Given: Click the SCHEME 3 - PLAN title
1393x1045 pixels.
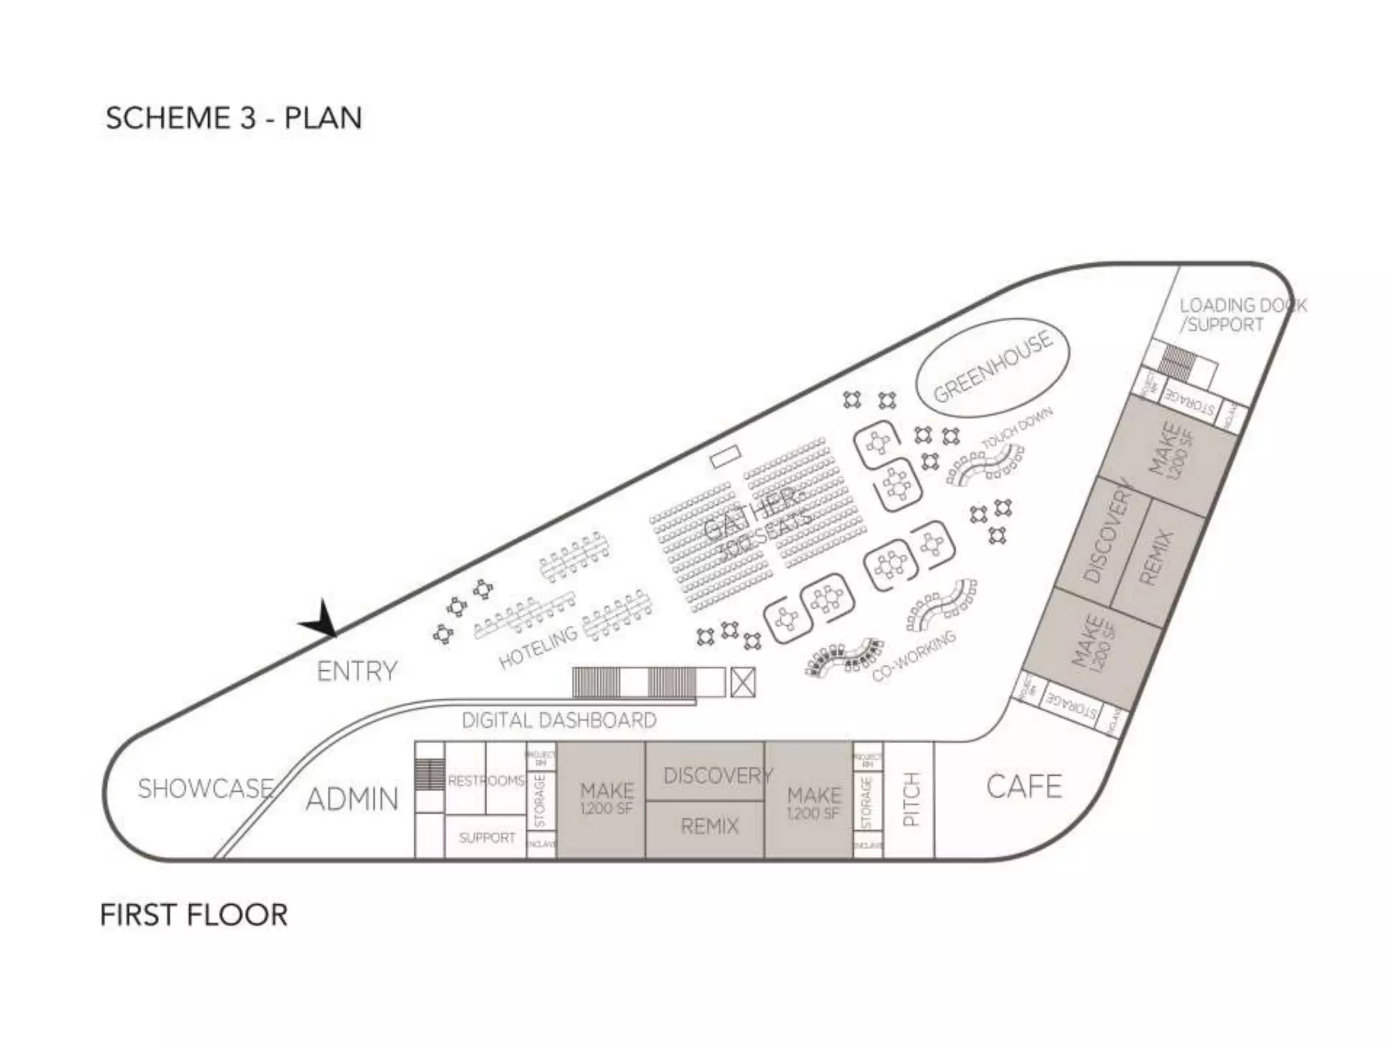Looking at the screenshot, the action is [x=233, y=118].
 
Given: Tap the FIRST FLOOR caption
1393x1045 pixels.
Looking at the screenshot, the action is [x=194, y=915].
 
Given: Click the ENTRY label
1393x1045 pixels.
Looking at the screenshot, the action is [x=357, y=671].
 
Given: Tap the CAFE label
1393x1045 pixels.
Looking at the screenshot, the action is [x=1024, y=786].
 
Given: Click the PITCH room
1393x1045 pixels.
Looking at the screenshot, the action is [x=910, y=799].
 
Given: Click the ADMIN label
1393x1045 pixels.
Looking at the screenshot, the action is [x=352, y=799].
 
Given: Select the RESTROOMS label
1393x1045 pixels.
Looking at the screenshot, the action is [x=486, y=781].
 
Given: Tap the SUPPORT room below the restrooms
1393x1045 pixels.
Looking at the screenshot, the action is [x=486, y=837].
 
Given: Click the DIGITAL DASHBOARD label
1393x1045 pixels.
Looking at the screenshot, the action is [x=559, y=720].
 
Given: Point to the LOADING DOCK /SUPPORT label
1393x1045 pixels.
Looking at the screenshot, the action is [x=1242, y=315].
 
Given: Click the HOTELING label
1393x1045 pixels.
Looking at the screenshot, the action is [x=538, y=647].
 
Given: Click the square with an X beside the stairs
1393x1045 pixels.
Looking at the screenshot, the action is [x=742, y=682].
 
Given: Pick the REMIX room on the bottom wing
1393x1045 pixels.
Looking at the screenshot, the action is [x=709, y=826].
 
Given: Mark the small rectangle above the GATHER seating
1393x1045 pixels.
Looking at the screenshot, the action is [x=725, y=455].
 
